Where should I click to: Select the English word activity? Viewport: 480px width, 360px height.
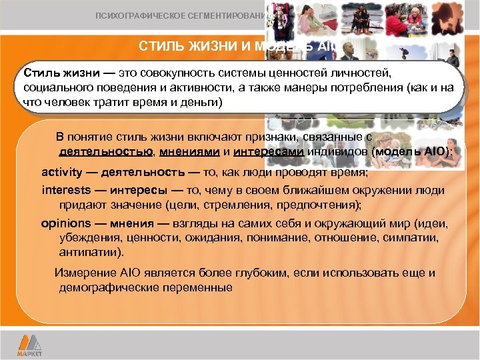(61, 173)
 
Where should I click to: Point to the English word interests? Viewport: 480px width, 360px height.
(65, 190)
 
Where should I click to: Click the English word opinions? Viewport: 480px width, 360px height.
(64, 224)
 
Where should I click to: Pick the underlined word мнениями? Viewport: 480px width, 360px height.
(184, 151)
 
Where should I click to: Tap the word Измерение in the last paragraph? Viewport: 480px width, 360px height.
(84, 273)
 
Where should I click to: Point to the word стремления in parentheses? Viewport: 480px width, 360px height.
(243, 205)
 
